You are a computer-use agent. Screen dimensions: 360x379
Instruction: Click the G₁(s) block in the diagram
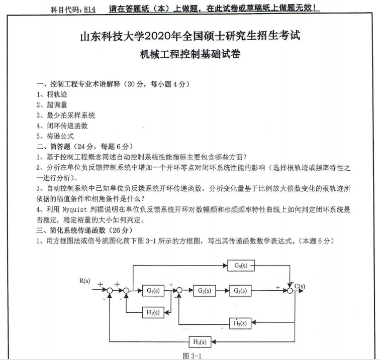coord(151,291)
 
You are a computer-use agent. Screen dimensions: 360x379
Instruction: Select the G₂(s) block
coord(204,290)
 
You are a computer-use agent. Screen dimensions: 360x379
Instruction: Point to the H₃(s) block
coord(199,342)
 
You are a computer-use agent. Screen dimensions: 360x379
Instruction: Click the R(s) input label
coord(84,281)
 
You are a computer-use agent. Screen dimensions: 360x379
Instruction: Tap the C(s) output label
coord(301,287)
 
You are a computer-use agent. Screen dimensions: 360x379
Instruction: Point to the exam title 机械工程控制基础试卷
coord(190,55)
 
